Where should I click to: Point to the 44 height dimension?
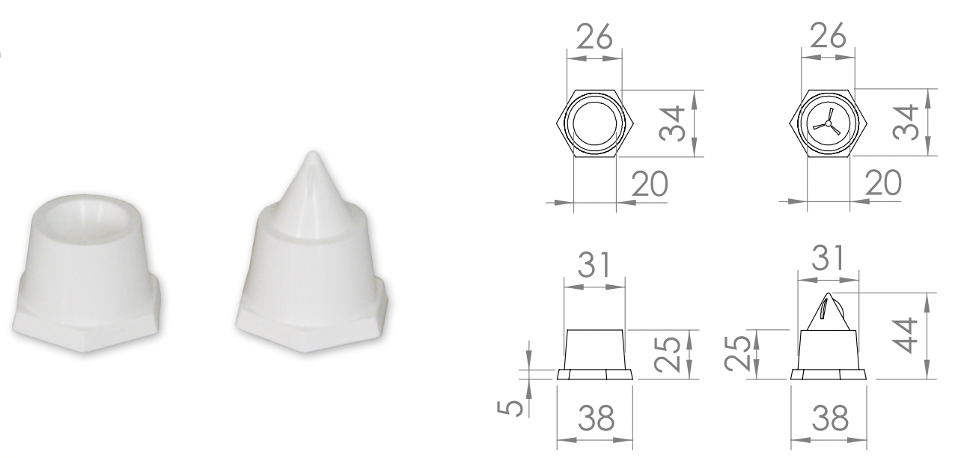pyautogui.click(x=906, y=335)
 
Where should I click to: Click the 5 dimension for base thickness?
pyautogui.click(x=511, y=408)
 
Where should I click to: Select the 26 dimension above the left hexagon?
pyautogui.click(x=594, y=36)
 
